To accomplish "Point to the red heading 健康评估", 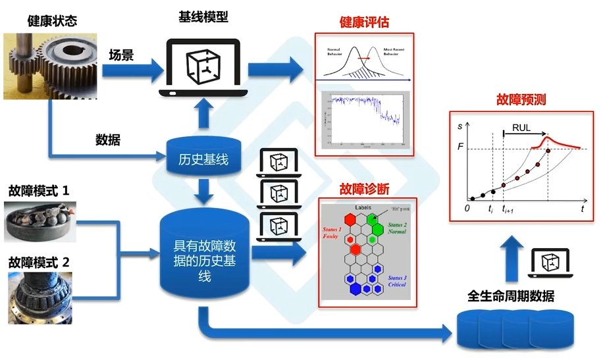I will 364,22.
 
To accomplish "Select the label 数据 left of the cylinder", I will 108,140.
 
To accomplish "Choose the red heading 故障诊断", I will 364,190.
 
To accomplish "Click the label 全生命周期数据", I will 510,296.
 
